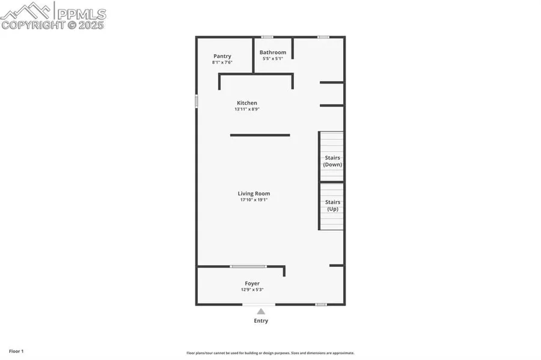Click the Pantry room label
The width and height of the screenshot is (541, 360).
[222, 56]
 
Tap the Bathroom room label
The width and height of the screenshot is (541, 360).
[273, 52]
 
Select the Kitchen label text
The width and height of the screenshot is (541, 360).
[247, 103]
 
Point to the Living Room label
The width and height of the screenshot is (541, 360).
[254, 194]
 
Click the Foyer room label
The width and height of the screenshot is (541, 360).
[252, 284]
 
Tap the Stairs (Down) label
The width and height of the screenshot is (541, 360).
[332, 161]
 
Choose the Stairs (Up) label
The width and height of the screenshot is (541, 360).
[332, 206]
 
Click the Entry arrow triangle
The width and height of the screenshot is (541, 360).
[261, 312]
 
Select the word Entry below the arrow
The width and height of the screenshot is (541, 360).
[261, 321]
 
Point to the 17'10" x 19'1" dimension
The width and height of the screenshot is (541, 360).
[254, 200]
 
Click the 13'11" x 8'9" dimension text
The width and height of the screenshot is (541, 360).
[247, 109]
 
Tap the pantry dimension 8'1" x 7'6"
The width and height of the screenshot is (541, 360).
[222, 63]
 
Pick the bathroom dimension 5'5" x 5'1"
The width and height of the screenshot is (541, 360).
[273, 59]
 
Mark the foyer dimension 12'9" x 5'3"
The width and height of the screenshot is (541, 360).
[252, 290]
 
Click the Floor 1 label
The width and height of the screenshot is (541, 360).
[16, 352]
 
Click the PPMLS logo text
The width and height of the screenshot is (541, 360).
[82, 14]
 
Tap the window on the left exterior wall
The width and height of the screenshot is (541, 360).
[197, 102]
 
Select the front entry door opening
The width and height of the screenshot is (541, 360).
[258, 305]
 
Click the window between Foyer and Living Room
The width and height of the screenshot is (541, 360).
[248, 266]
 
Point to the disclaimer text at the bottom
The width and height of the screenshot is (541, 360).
[270, 353]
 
